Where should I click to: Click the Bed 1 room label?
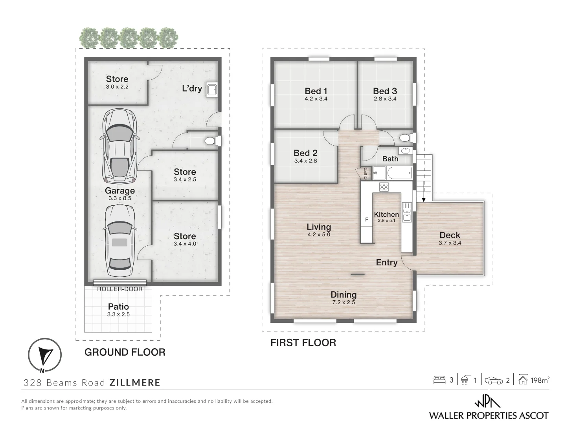[x=316, y=91]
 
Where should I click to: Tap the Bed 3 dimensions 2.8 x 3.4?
[x=385, y=99]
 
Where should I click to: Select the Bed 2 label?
[x=305, y=153]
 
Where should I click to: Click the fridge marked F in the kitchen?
[x=367, y=220]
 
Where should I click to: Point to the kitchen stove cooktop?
[x=384, y=187]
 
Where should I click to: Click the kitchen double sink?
[x=406, y=212]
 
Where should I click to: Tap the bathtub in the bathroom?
[x=399, y=172]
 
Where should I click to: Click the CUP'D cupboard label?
[x=366, y=174]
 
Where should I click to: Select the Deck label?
[x=450, y=235]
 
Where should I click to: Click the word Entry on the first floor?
[x=387, y=263]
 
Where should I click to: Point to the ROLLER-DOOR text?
[x=120, y=289]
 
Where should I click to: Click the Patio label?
[x=118, y=307]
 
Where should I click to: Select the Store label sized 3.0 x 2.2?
[x=117, y=79]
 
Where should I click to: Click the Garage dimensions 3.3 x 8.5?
[x=119, y=199]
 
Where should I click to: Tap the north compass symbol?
[x=44, y=355]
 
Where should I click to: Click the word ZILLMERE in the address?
[x=135, y=383]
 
